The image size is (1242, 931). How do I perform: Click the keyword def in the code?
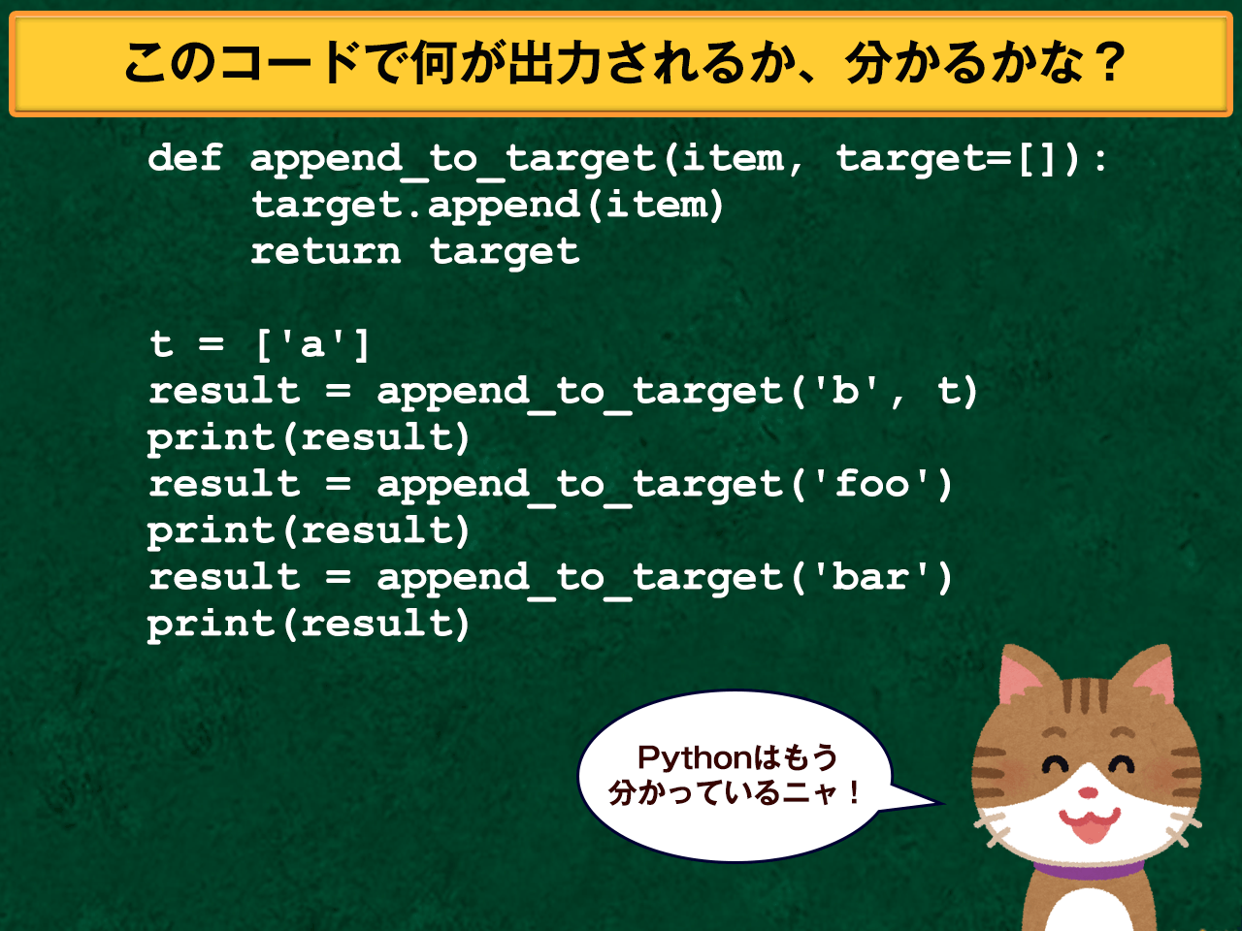click(185, 158)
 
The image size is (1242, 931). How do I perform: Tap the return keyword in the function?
click(325, 251)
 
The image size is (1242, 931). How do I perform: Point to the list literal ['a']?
click(312, 344)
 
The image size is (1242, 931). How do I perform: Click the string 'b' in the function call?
click(846, 391)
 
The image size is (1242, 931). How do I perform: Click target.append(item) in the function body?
click(487, 205)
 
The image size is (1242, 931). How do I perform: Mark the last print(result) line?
click(309, 624)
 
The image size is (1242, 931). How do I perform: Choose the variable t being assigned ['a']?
click(161, 344)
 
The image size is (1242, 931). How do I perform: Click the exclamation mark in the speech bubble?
click(853, 793)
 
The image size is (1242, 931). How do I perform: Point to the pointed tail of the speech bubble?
click(931, 802)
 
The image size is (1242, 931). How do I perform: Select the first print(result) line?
click(309, 437)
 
